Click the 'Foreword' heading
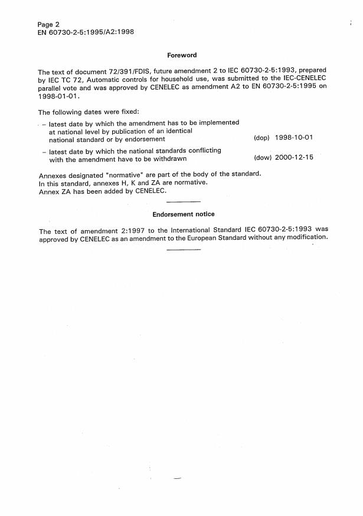pyautogui.click(x=182, y=55)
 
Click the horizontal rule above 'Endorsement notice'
pyautogui.click(x=184, y=201)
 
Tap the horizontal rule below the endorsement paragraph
pyautogui.click(x=184, y=250)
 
